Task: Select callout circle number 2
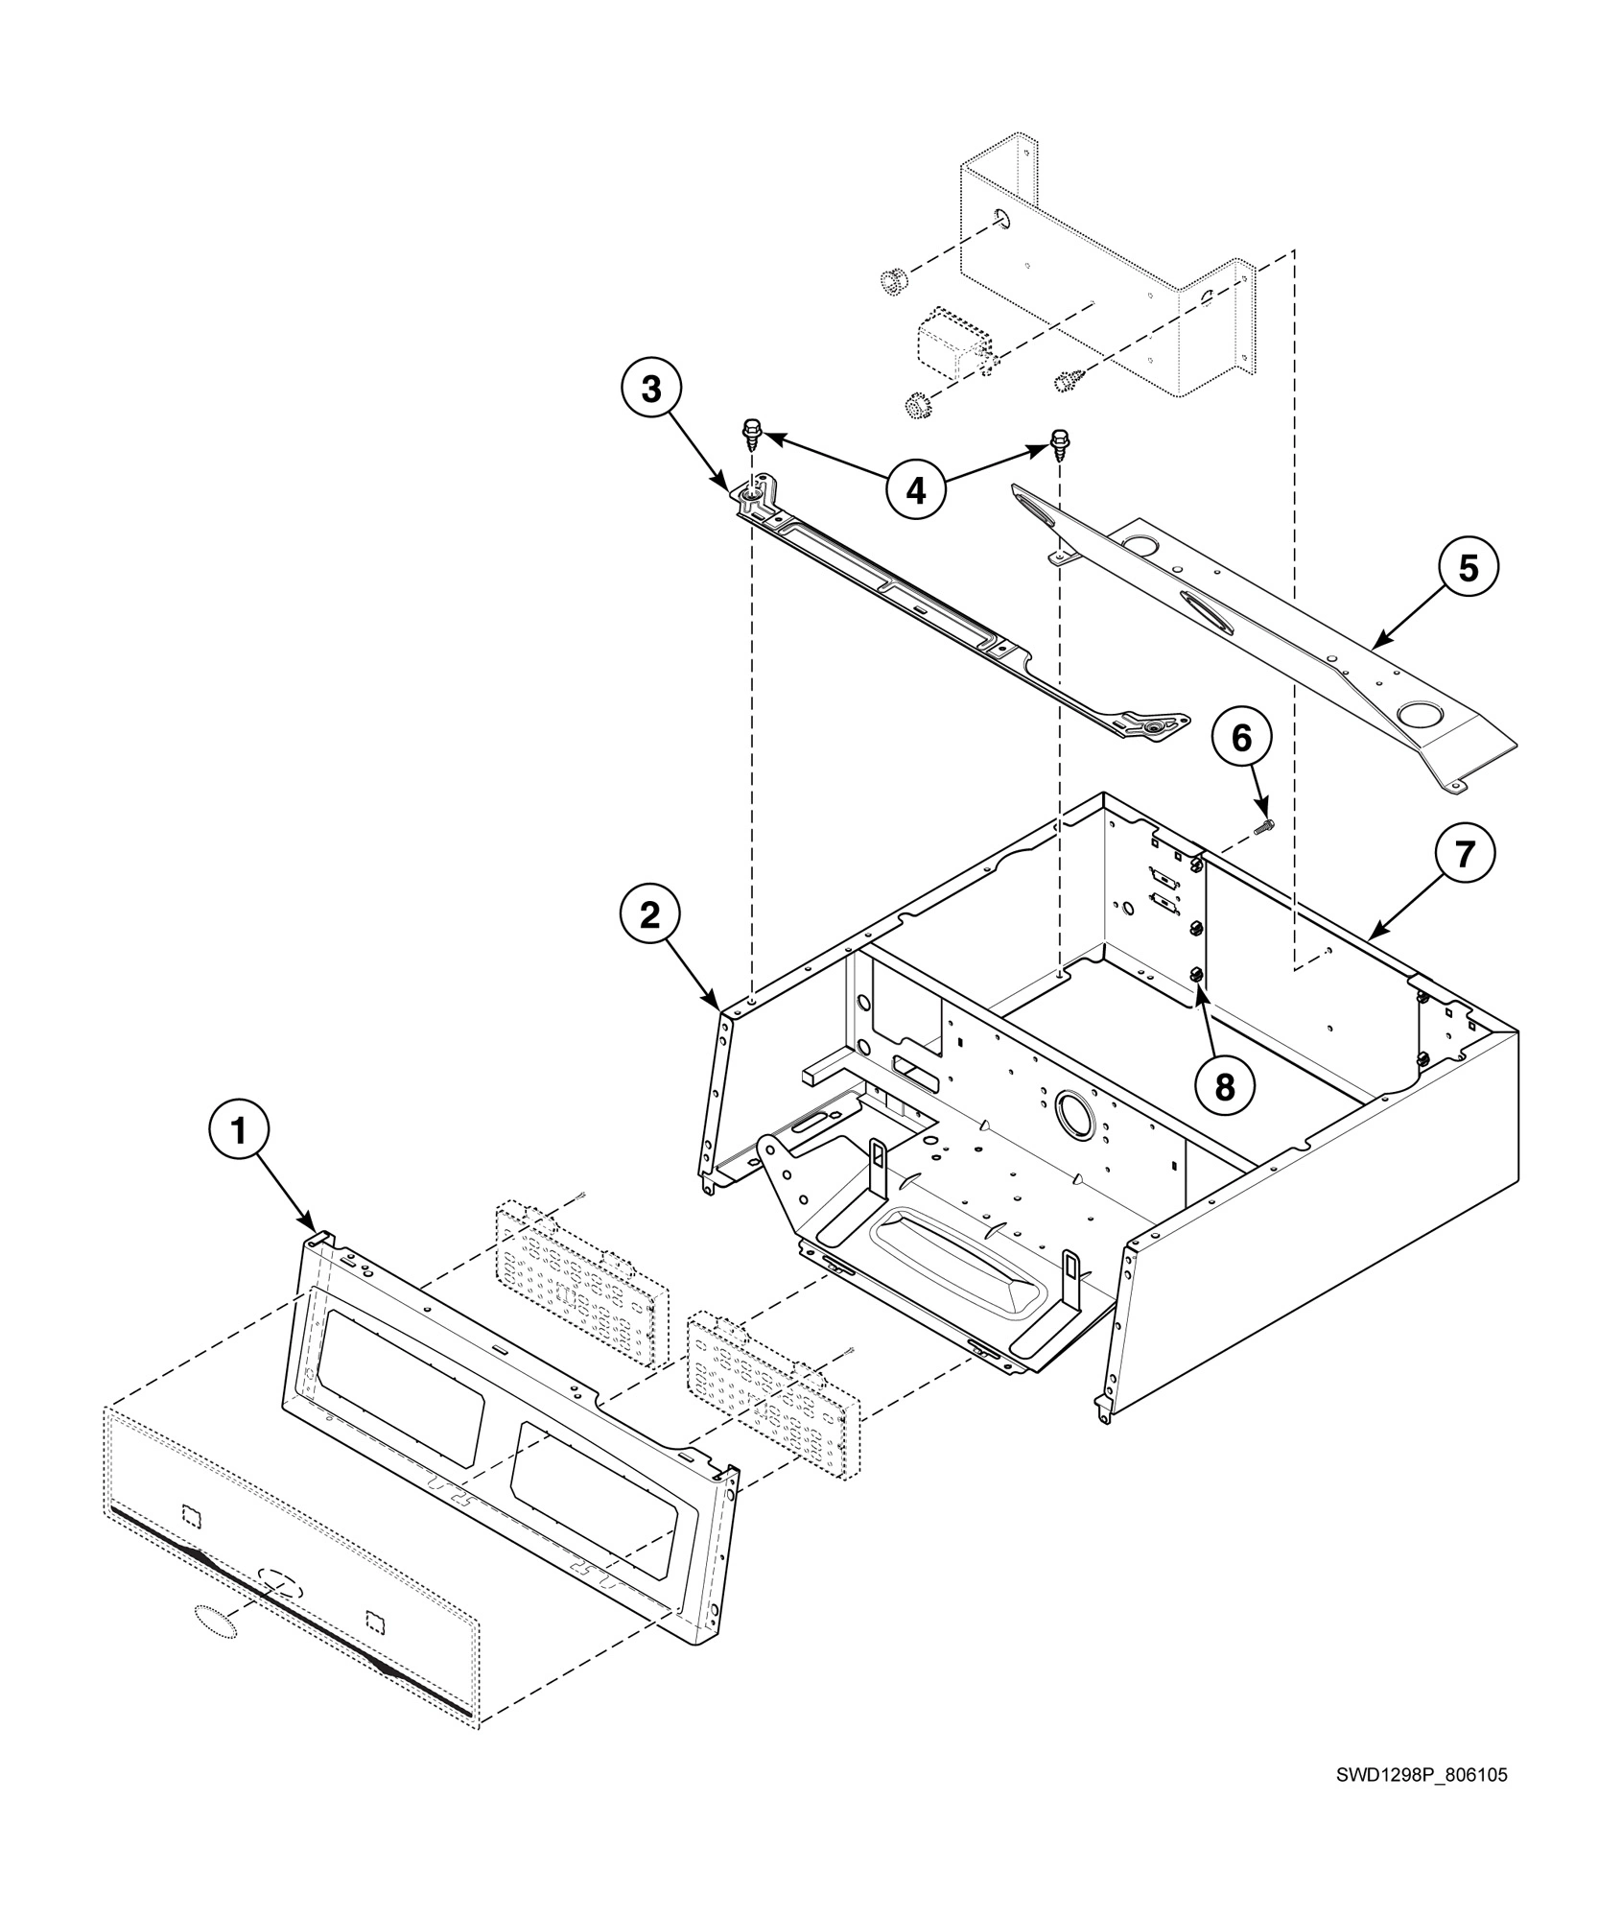pyautogui.click(x=650, y=915)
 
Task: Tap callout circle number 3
pyautogui.click(x=650, y=390)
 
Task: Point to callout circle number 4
pyautogui.click(x=916, y=491)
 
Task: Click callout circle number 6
pyautogui.click(x=1241, y=738)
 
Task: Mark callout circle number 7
pyautogui.click(x=1464, y=854)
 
